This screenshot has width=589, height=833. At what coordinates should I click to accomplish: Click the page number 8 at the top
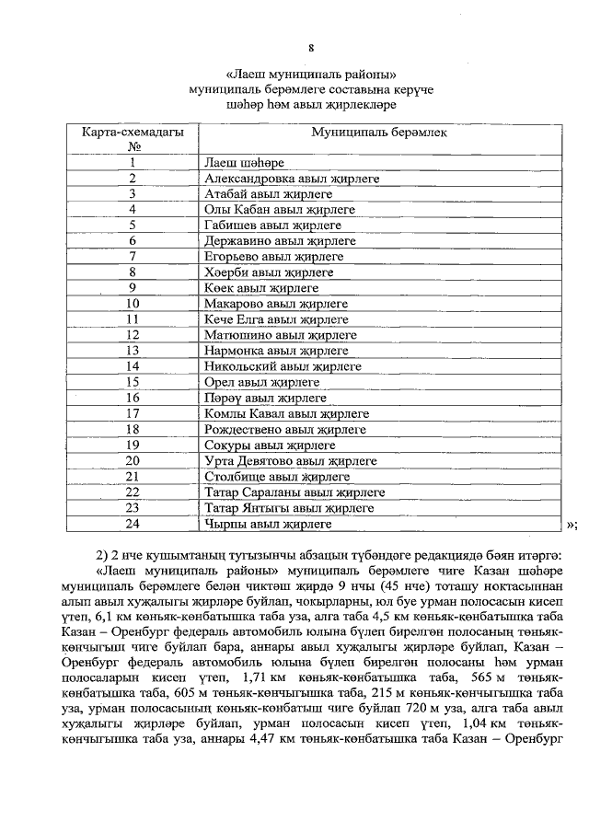pos(311,48)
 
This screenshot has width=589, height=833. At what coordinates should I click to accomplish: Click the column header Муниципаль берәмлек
pos(379,132)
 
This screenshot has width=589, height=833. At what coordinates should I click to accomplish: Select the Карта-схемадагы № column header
pos(133,138)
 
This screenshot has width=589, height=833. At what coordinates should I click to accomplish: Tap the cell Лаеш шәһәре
pos(245,163)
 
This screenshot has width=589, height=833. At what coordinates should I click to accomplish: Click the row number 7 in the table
pos(133,256)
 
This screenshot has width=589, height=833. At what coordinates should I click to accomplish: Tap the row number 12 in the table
pos(133,335)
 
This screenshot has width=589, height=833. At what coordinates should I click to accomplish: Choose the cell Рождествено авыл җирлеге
pos(283,429)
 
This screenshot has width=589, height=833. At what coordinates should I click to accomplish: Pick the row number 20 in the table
pos(133,460)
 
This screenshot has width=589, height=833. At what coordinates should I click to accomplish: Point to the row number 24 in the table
pos(133,523)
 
